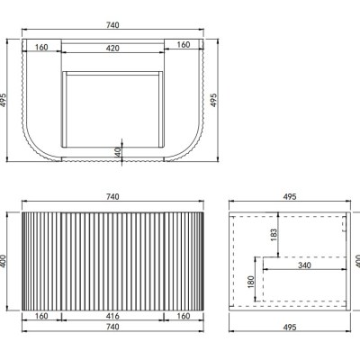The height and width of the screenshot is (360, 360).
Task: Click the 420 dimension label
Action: coord(112,48)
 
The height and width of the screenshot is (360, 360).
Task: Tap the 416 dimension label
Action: coord(112,316)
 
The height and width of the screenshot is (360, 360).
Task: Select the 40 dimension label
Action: coord(118,152)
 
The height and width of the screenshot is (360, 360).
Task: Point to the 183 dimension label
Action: coord(274,236)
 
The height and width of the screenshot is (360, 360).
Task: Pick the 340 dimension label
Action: coord(304,265)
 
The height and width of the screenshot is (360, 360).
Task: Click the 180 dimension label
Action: coord(251,282)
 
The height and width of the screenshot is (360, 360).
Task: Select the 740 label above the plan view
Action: coord(112,25)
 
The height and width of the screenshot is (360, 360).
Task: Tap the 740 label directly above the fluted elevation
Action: coord(112,196)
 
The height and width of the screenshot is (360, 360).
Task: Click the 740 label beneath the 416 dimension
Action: coord(112,327)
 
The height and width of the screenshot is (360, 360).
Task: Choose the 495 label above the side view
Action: coord(290,196)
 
